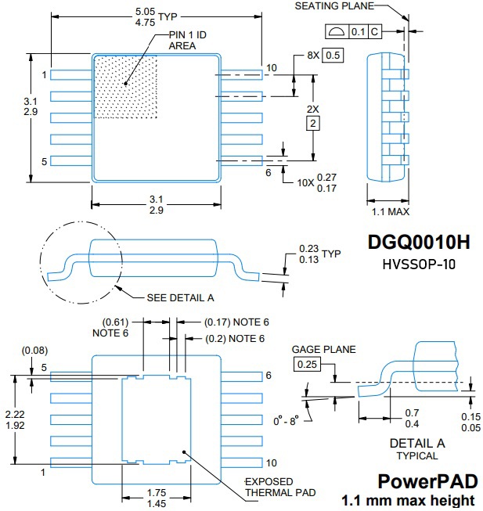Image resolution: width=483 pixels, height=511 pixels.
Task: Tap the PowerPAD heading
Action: point(426,480)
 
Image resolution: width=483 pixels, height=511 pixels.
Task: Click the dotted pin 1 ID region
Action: point(125,86)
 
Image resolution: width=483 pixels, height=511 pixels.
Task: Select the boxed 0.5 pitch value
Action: point(333,56)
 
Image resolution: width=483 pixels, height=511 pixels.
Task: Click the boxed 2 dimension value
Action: point(314,124)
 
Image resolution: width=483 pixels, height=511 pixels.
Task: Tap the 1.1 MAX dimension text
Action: point(389,211)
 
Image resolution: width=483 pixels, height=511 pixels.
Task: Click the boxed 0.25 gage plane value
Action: point(307,364)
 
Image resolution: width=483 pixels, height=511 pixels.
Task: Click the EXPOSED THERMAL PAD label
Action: point(280,487)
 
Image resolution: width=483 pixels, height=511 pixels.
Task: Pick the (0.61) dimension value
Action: point(117,322)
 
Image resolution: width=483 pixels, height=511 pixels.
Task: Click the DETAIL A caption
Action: point(417,443)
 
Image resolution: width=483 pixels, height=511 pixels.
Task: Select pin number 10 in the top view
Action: point(271,68)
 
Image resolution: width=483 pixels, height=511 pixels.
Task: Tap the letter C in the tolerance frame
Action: point(375,31)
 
